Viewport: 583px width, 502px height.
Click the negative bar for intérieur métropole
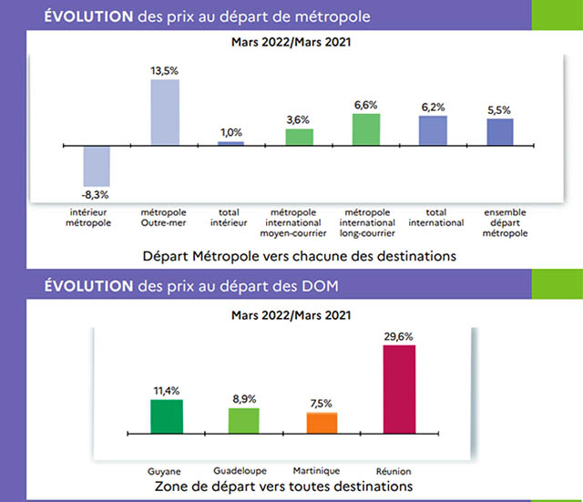(97, 164)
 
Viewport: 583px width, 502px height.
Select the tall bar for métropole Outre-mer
(164, 112)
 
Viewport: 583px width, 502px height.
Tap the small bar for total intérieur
(230, 143)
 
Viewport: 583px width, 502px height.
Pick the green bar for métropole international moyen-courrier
(299, 137)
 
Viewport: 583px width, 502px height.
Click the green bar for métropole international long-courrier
(365, 128)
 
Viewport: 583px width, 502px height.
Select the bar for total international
(433, 130)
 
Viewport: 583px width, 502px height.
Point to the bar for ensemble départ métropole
(499, 132)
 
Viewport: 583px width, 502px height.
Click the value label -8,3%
(97, 194)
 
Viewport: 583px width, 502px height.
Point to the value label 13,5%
(164, 68)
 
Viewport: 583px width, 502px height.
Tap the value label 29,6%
(399, 335)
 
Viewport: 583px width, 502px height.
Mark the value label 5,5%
(499, 109)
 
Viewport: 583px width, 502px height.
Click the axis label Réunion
(399, 471)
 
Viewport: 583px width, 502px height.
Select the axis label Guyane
(166, 471)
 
